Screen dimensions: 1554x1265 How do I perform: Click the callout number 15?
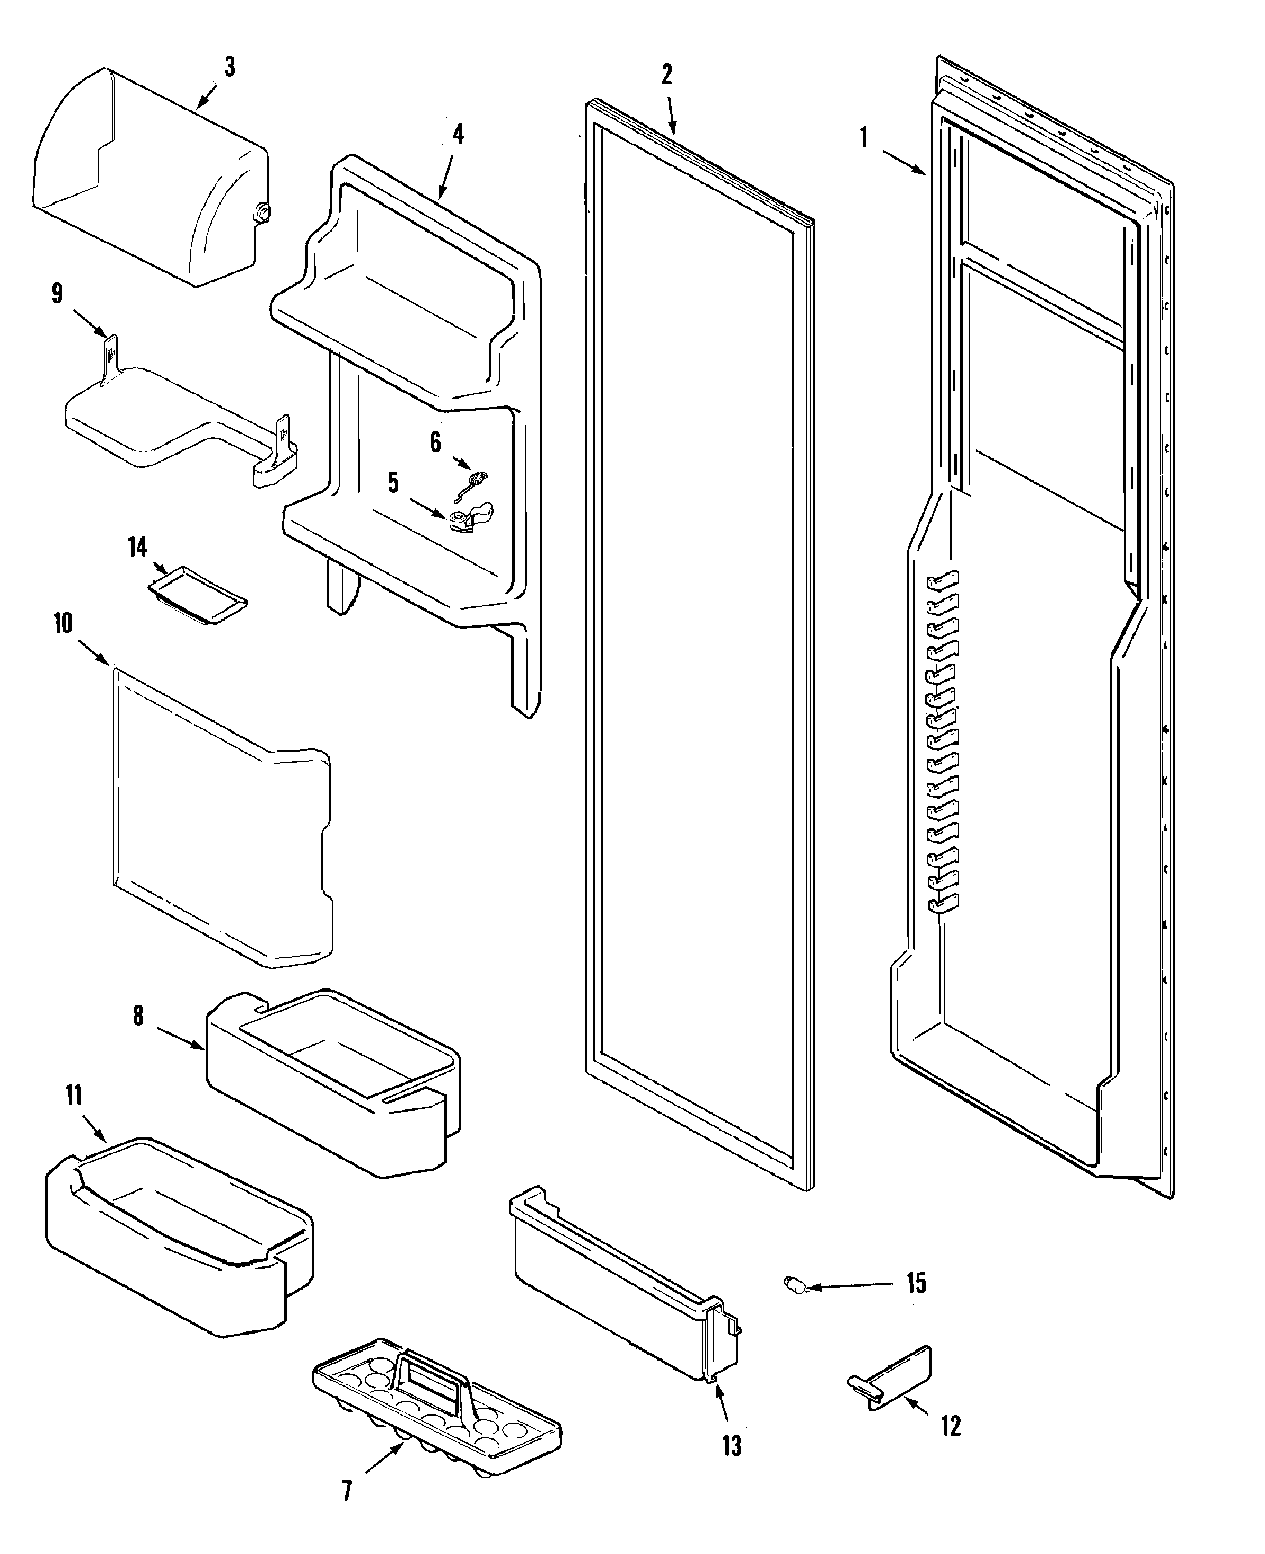916,1283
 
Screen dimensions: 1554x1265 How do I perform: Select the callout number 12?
950,1425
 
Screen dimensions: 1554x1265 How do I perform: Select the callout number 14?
138,547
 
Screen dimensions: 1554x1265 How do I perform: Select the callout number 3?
229,67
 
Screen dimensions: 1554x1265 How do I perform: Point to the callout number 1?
864,137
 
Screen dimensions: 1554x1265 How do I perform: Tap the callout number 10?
63,623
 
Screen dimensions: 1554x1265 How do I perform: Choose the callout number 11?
73,1095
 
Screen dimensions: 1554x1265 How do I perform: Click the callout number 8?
138,1015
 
